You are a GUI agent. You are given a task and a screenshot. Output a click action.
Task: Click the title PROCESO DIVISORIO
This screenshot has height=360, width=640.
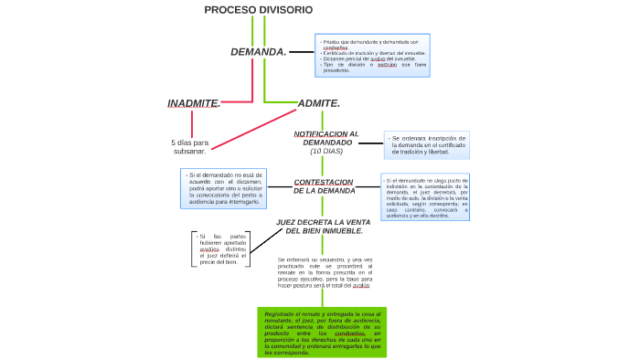258,9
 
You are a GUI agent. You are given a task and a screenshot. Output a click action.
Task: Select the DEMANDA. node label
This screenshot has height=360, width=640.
259,52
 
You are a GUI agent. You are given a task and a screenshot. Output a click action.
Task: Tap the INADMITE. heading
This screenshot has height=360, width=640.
194,103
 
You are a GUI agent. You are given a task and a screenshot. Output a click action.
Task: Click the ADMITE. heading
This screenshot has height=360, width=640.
319,103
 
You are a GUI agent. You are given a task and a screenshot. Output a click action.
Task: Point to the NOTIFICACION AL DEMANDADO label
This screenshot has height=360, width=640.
326,138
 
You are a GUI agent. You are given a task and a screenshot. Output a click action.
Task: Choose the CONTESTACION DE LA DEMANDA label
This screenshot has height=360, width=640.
325,186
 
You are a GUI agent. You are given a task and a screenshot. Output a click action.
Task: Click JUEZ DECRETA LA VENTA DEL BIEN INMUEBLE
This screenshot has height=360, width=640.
323,227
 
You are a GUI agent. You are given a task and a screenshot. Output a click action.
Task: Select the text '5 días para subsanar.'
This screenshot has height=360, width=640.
190,146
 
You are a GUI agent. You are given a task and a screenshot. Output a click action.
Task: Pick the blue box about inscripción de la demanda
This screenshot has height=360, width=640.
427,144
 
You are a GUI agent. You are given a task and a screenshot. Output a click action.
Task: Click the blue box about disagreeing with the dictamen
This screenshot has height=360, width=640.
223,186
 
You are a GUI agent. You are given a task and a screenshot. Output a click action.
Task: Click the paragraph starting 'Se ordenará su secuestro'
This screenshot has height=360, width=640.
325,272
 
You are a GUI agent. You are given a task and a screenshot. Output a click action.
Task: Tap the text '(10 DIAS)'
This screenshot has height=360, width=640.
326,151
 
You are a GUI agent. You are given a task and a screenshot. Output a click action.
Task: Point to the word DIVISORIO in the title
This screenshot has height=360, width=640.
285,9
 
